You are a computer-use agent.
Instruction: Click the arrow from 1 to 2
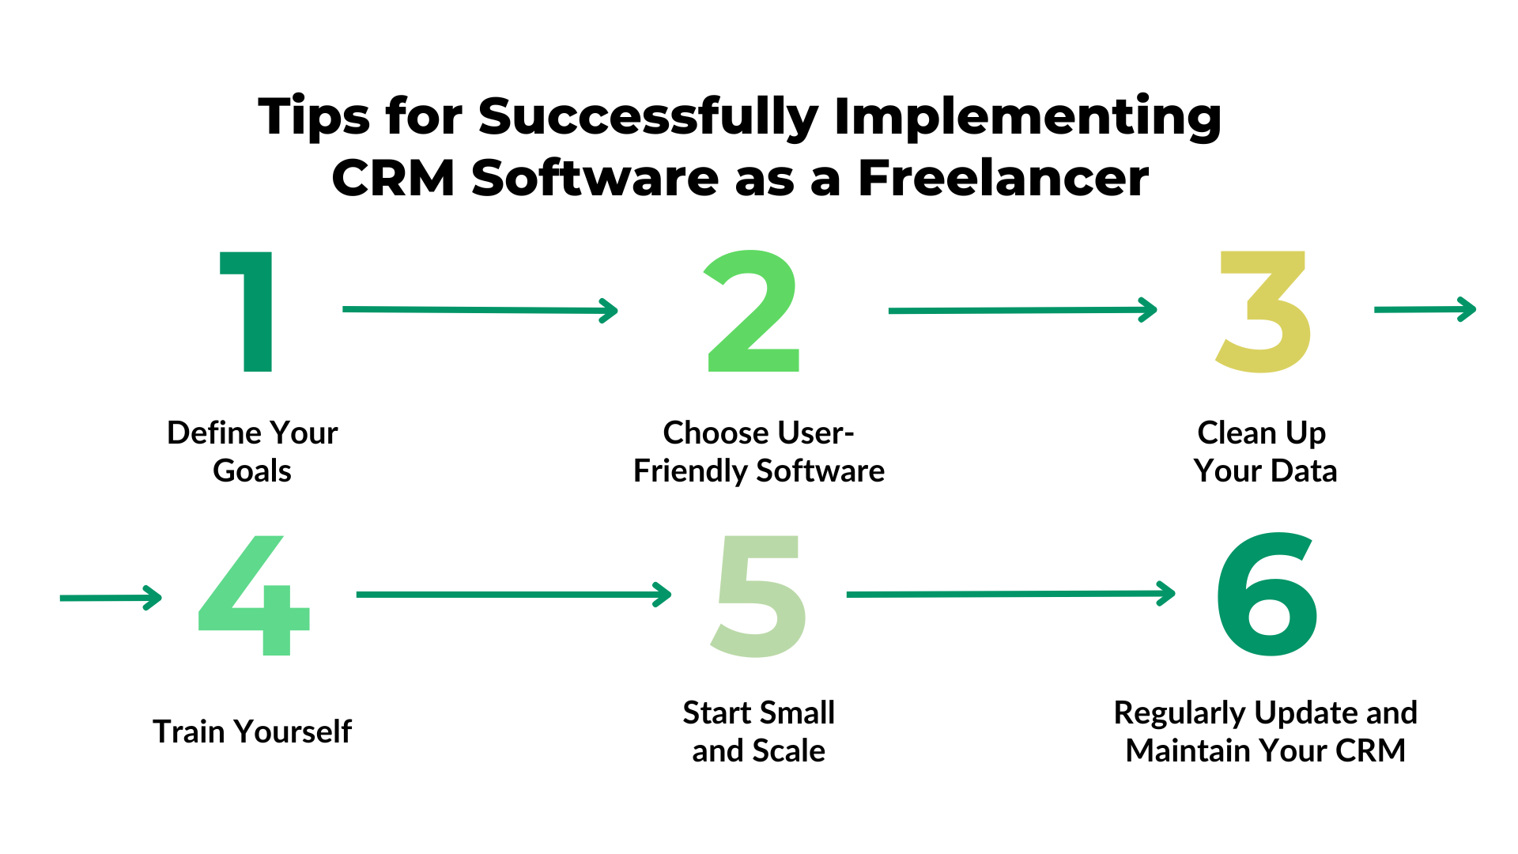point(479,310)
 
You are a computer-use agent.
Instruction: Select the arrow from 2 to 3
point(1022,310)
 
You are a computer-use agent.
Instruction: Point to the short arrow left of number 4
point(111,598)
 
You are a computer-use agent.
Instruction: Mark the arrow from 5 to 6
point(1010,593)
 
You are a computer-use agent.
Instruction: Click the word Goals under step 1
point(252,471)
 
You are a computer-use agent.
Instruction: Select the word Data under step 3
point(1304,471)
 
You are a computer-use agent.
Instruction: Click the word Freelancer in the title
point(1003,178)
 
